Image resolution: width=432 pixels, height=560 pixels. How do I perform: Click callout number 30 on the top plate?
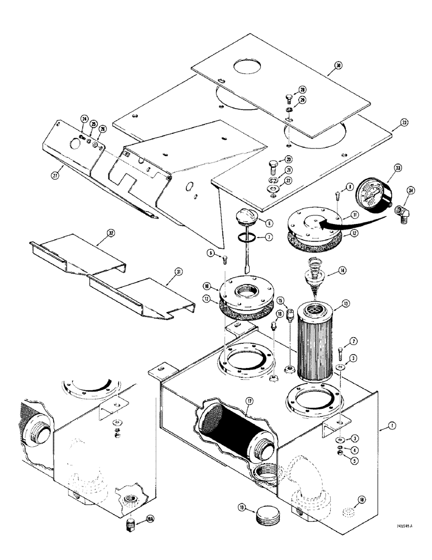tap(337, 66)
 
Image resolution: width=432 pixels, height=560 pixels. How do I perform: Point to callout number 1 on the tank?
tap(379, 427)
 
